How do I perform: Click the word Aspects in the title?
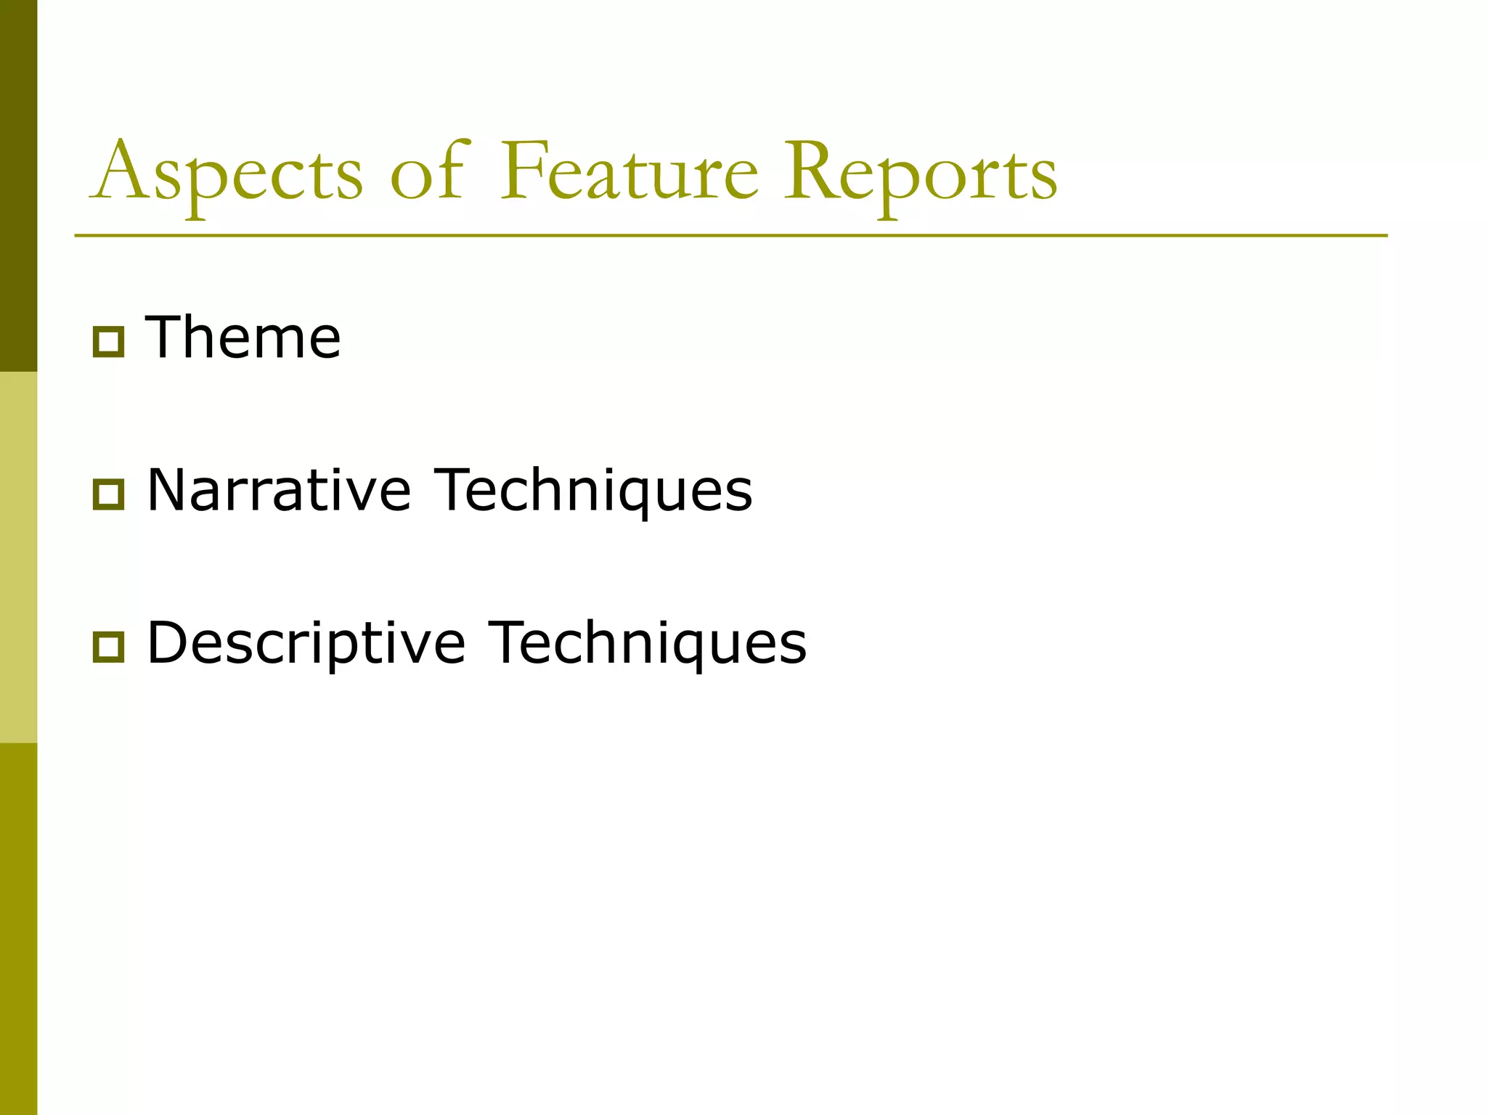click(227, 172)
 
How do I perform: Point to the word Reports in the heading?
click(920, 172)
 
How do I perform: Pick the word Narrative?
click(279, 490)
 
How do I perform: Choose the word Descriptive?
click(306, 643)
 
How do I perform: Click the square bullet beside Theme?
click(108, 342)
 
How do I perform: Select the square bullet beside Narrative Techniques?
click(108, 494)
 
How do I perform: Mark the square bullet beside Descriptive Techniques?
click(108, 648)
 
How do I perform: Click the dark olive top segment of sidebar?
click(18, 186)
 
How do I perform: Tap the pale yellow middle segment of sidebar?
click(18, 557)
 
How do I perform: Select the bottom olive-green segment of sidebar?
click(18, 929)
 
